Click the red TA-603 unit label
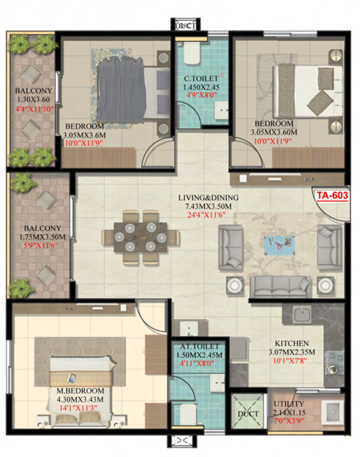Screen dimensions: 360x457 click(x=333, y=195)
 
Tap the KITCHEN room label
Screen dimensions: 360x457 click(x=292, y=343)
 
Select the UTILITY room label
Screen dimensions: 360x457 click(x=289, y=404)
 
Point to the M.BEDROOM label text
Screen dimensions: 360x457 click(x=80, y=391)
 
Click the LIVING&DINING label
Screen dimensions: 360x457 click(x=208, y=197)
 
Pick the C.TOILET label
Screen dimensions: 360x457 click(x=201, y=78)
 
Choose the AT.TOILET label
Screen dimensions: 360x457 click(x=199, y=347)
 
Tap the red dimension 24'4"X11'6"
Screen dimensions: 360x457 click(x=206, y=215)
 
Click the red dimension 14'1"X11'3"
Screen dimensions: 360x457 click(x=78, y=407)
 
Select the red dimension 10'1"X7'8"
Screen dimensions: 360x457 click(x=290, y=361)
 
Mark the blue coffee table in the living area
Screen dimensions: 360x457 click(x=279, y=245)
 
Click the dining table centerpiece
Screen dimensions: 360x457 click(x=143, y=238)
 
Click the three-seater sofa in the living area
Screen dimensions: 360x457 click(x=280, y=286)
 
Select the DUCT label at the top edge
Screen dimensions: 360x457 click(x=185, y=26)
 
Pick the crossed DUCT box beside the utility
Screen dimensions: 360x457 click(x=248, y=412)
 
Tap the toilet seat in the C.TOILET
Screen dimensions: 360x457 click(x=192, y=54)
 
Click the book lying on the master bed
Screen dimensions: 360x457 click(x=72, y=378)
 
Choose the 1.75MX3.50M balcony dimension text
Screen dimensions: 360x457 click(x=42, y=237)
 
